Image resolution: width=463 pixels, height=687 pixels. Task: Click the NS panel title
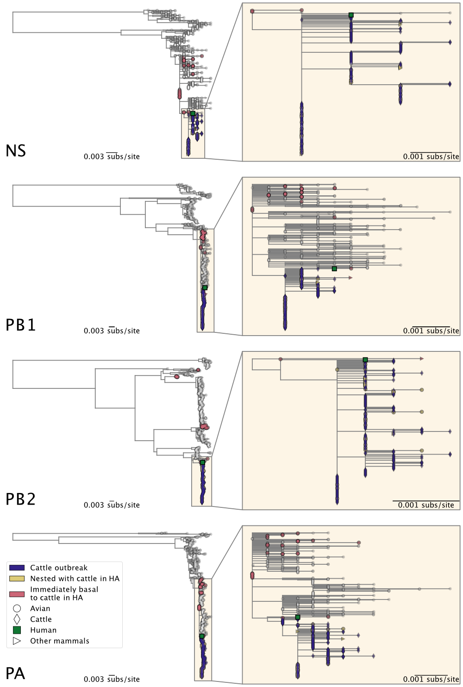pos(16,150)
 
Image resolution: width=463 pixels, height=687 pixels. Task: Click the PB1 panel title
pos(20,325)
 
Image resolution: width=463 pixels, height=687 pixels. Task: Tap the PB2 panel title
pos(20,499)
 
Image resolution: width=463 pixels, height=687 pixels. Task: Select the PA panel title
pos(15,673)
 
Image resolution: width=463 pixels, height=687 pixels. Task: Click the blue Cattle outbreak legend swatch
pos(17,568)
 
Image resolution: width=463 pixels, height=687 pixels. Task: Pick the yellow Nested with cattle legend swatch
pos(17,578)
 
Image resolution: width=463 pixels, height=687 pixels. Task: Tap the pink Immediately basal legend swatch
pos(17,594)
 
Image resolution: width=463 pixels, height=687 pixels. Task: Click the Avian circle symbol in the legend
pos(17,608)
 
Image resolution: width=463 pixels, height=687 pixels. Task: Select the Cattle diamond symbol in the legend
pos(17,619)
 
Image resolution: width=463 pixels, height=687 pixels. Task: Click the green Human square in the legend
pos(17,630)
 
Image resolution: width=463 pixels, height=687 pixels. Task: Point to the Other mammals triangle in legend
pos(17,641)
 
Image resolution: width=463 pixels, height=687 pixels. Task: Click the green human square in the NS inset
pos(351,15)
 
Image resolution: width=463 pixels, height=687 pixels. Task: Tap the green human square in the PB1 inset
pos(334,269)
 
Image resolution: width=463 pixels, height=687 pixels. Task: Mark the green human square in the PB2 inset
pos(365,360)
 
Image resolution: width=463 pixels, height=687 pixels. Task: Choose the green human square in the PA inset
pos(298,617)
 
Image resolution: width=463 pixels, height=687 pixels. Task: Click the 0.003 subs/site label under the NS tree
pos(112,156)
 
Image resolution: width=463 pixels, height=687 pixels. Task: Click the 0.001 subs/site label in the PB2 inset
pos(426,505)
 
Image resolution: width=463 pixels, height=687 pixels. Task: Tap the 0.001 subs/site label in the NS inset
pos(431,156)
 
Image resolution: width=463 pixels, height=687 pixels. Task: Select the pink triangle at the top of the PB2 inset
pos(422,358)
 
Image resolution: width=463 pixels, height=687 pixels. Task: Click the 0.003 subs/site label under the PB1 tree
pos(112,331)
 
